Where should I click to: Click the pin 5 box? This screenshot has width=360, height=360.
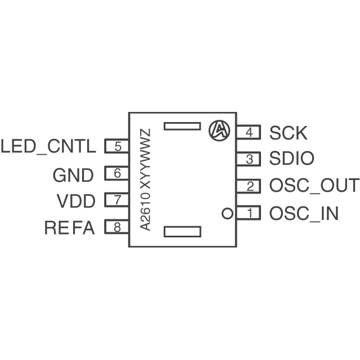click(x=117, y=147)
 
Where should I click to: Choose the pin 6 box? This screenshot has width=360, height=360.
click(x=117, y=174)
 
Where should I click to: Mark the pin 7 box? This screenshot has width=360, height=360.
click(x=117, y=200)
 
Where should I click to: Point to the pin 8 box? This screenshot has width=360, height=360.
click(x=117, y=227)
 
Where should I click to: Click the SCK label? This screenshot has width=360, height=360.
click(x=289, y=133)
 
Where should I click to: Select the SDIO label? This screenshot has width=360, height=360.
click(x=291, y=160)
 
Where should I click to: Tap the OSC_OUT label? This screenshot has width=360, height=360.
click(x=313, y=186)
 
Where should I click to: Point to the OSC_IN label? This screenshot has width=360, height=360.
click(x=304, y=214)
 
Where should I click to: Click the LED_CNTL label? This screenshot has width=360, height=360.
click(x=48, y=147)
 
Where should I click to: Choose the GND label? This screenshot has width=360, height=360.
click(x=73, y=175)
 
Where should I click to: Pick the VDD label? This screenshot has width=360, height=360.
click(x=76, y=201)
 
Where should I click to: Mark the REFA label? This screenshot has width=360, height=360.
click(x=70, y=228)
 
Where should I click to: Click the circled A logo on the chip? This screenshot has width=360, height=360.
click(x=219, y=130)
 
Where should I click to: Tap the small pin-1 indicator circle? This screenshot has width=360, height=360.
click(x=227, y=213)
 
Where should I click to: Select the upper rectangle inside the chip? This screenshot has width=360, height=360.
click(x=182, y=127)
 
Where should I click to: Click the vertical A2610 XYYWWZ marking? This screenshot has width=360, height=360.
click(x=146, y=179)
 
